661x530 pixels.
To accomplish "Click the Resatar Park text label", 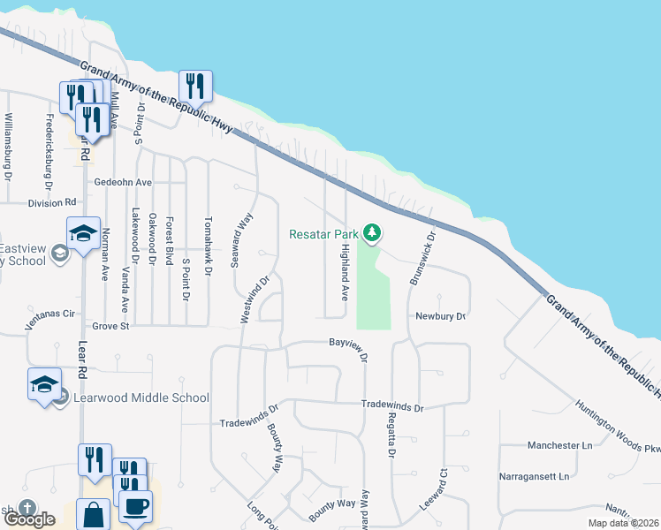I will [x=323, y=234].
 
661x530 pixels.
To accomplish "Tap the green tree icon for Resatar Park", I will [x=373, y=232].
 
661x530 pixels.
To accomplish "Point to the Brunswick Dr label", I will [x=422, y=258].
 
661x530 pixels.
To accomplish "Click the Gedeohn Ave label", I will [x=123, y=182].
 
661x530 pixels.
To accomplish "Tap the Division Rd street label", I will [x=53, y=202].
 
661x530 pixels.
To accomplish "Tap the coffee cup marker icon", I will [x=135, y=507].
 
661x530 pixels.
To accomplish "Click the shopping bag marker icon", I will [x=93, y=513].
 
